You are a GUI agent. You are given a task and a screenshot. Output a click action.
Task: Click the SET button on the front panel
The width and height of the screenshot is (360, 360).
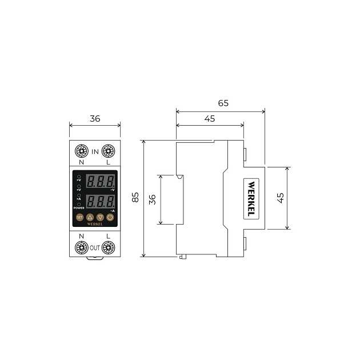point(79,217)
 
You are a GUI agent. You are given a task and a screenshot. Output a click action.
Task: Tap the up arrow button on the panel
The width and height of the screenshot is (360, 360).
point(90,217)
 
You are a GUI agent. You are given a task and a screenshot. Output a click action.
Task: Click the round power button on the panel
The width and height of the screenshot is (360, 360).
point(110,217)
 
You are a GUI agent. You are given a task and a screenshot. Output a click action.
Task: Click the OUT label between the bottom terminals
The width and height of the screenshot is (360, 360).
point(95,247)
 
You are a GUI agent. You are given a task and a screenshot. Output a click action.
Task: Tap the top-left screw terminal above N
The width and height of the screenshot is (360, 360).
point(81,151)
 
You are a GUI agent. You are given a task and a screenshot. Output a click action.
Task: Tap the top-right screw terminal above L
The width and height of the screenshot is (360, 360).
point(109,151)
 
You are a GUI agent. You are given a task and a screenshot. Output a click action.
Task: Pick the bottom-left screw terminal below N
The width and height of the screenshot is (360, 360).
point(81,247)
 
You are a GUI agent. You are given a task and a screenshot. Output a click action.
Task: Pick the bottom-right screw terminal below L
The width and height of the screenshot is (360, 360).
point(109,247)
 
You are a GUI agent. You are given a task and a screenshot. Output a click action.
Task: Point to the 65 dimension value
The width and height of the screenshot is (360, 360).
point(223,103)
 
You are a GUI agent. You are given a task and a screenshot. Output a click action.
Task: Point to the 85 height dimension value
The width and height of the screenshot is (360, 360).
point(135,198)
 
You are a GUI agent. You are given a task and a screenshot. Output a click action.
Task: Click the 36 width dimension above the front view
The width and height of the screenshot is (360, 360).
point(95,119)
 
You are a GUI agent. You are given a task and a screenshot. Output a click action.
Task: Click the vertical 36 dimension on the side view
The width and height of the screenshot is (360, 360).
point(152,199)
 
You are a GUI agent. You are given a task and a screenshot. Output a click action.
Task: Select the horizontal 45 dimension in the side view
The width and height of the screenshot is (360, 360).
point(209,118)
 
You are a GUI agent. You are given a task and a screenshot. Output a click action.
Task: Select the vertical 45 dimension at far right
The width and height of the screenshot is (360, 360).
point(280,198)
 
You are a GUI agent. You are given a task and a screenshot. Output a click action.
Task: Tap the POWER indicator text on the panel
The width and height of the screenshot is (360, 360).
point(79,208)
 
